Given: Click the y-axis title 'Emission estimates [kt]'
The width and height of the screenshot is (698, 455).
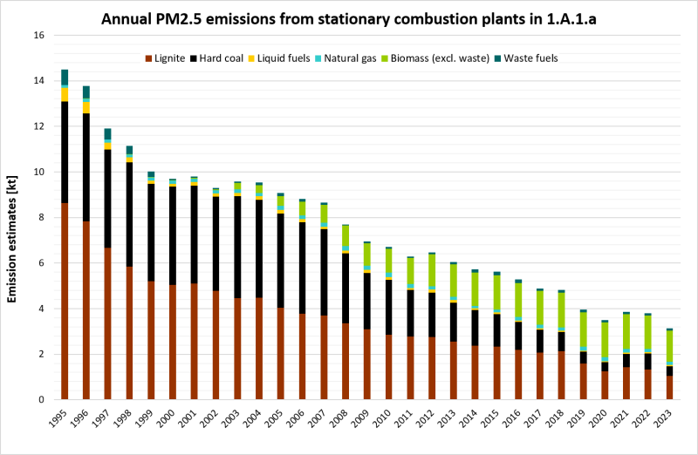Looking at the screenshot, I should click(13, 218).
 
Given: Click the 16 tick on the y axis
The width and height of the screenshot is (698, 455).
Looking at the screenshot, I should click(38, 36).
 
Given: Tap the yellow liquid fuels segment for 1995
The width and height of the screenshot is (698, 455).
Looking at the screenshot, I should click(65, 94).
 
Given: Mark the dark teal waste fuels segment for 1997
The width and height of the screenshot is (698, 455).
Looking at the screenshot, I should click(107, 133).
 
